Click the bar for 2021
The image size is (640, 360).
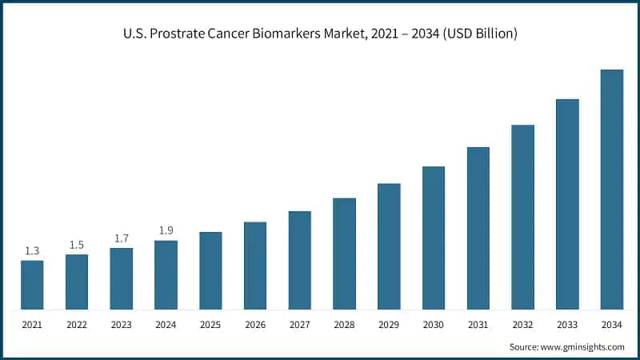point(32,285)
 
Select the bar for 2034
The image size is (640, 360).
point(612,189)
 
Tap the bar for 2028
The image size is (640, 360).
point(344,254)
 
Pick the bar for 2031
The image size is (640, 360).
point(478,228)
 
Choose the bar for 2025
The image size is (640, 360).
point(210,270)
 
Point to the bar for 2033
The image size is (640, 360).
point(567,204)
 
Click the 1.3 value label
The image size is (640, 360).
point(32,251)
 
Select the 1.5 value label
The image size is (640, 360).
point(77,245)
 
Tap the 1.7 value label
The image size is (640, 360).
point(121,238)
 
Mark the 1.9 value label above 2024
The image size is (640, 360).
point(166,231)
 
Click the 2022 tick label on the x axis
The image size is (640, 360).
point(77,326)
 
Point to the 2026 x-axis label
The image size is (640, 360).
point(255,326)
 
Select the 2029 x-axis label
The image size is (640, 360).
point(389,326)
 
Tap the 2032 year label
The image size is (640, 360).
point(522,326)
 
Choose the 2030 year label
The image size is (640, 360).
point(434,326)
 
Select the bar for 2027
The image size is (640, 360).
point(300,260)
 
